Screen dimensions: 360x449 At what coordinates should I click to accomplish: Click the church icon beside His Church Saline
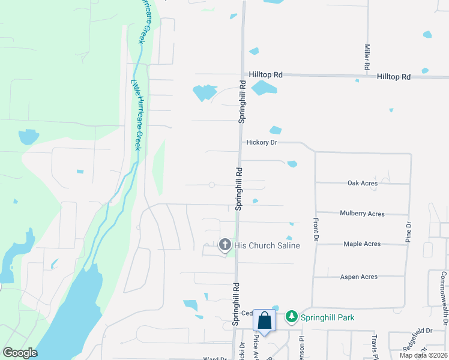click(x=224, y=244)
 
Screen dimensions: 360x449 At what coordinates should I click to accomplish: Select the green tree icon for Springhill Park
click(x=291, y=316)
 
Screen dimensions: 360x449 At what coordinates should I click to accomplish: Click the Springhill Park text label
click(x=328, y=317)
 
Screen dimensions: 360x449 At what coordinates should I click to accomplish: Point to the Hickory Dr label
click(x=261, y=143)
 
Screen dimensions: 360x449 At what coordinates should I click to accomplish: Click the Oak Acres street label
click(x=363, y=183)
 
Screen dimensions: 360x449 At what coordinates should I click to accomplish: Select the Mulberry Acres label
click(x=362, y=213)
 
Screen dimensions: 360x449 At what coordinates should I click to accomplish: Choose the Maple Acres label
click(x=362, y=244)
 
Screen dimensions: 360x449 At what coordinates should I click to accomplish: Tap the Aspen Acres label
click(x=359, y=277)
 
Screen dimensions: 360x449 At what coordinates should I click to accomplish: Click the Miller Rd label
click(x=366, y=56)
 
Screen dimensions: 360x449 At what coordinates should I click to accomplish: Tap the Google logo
click(x=20, y=353)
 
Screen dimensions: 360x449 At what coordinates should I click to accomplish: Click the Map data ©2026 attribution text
click(x=423, y=355)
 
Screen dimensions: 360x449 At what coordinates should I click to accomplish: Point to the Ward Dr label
click(x=215, y=358)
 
